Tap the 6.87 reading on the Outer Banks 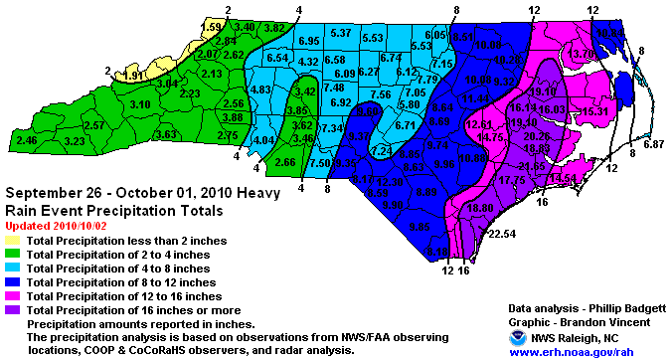(653, 145)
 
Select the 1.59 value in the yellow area (211, 26)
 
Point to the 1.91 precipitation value (136, 74)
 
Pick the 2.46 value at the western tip (27, 141)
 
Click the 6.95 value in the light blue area (308, 40)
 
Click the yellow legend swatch (14, 241)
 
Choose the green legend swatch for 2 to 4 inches (14, 255)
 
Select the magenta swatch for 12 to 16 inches (14, 296)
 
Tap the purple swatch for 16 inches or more (14, 310)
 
